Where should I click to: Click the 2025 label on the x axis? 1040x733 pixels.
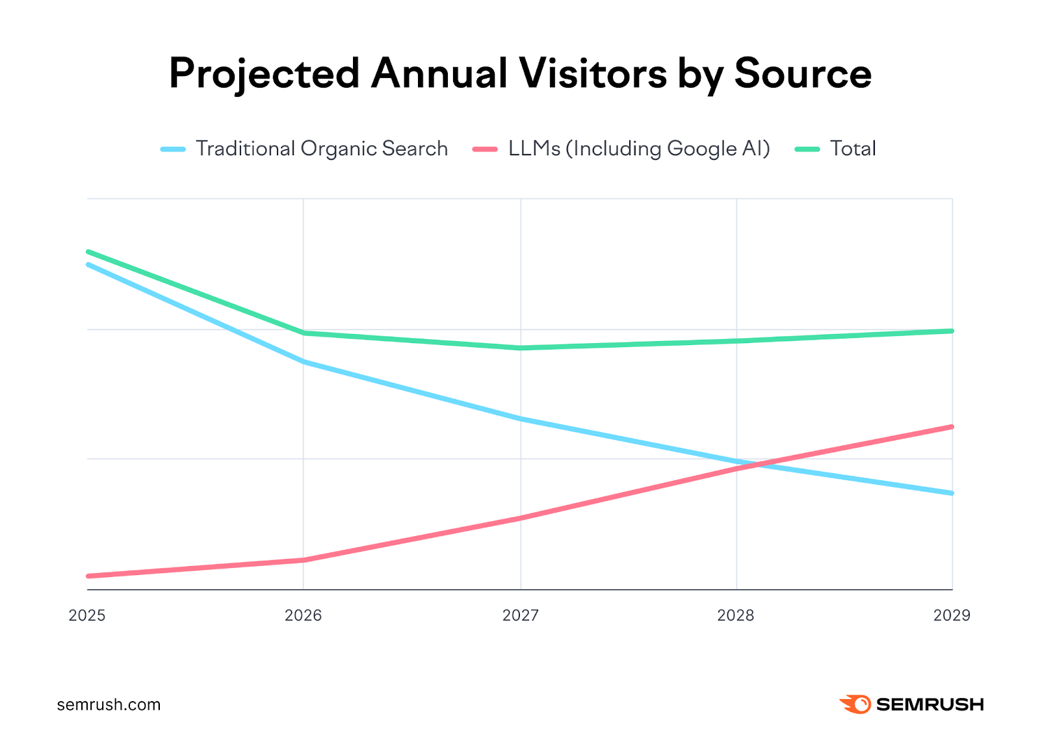point(86,615)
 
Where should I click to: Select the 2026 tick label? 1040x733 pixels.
point(303,615)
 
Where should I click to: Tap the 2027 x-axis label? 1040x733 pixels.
point(520,615)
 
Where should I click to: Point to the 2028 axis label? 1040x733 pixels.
point(735,615)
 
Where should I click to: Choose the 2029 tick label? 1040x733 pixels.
point(952,615)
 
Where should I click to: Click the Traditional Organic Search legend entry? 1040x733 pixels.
point(321,149)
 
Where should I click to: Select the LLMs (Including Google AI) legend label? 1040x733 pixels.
point(639,149)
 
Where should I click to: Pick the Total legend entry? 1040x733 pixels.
point(853,149)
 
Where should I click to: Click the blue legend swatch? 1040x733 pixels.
point(173,149)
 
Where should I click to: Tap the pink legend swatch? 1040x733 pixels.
point(485,149)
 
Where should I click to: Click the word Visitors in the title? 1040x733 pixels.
point(592,73)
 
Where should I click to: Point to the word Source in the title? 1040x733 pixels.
point(803,73)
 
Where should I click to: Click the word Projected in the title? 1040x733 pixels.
point(264,73)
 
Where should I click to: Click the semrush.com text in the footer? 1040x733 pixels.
point(109,704)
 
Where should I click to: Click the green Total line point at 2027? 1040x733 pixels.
point(520,348)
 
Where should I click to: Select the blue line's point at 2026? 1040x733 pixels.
point(304,361)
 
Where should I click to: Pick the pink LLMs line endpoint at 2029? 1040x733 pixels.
point(952,427)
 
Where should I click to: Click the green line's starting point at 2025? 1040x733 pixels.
point(88,251)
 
